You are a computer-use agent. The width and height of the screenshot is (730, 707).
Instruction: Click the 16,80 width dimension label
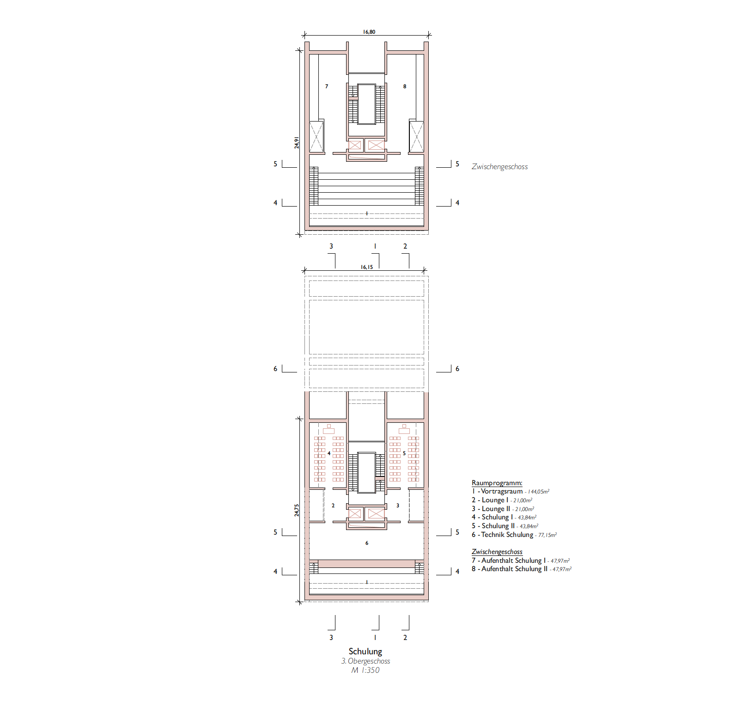tap(369, 32)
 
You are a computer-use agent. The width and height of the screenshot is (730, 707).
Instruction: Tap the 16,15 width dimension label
tap(367, 267)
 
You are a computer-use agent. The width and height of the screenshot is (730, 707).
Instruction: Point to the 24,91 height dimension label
tap(297, 143)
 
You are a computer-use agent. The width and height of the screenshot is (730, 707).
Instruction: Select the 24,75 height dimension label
tap(297, 510)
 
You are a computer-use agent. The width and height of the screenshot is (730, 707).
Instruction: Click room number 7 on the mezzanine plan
tap(327, 86)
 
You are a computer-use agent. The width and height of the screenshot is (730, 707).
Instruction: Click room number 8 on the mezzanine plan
tap(405, 86)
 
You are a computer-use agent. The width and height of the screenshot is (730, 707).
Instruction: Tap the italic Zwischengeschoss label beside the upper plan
tap(499, 167)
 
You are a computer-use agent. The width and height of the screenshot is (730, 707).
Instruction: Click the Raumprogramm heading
tap(497, 483)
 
